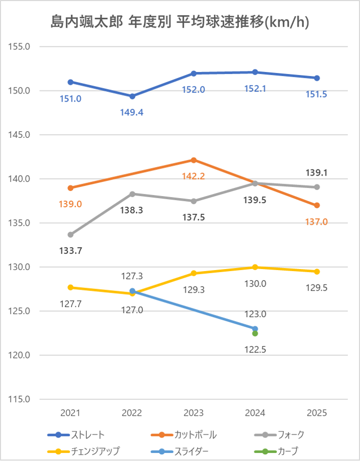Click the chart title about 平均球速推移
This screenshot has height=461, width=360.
coord(180,22)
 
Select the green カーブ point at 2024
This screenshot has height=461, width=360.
coord(255,333)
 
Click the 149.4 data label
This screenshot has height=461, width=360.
coord(132,112)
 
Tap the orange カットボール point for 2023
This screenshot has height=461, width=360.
coord(194,160)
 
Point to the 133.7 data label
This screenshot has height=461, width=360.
coord(71,251)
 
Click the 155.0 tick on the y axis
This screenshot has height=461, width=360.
coord(21,46)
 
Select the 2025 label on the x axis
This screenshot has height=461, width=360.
coord(317,413)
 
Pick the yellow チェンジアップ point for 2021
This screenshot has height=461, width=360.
coord(70,287)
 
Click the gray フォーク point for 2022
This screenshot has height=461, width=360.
coord(132,194)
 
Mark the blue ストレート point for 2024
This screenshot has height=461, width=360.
coord(255,72)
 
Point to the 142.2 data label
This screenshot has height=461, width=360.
coord(194,177)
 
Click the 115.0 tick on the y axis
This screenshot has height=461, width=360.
coord(21,399)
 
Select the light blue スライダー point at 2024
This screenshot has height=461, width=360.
coord(255,329)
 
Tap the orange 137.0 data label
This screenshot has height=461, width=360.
coord(317,222)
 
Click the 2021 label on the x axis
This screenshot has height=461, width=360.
coord(70,413)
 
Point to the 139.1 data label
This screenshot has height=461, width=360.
coord(317,173)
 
